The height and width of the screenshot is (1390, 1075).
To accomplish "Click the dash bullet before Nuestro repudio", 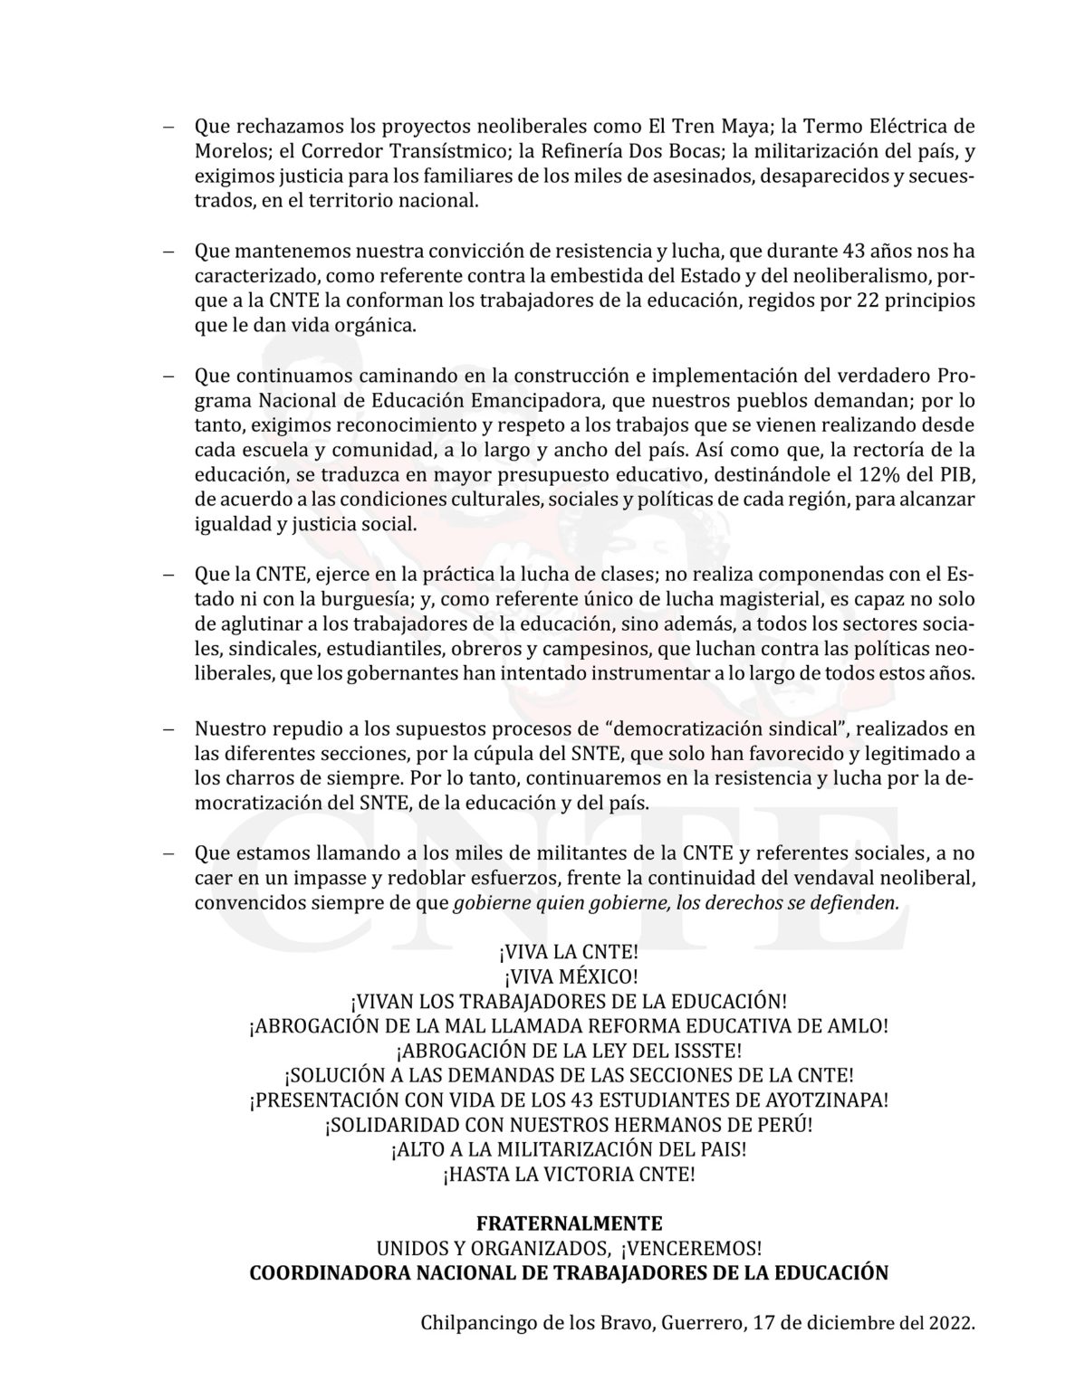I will [x=168, y=728].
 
